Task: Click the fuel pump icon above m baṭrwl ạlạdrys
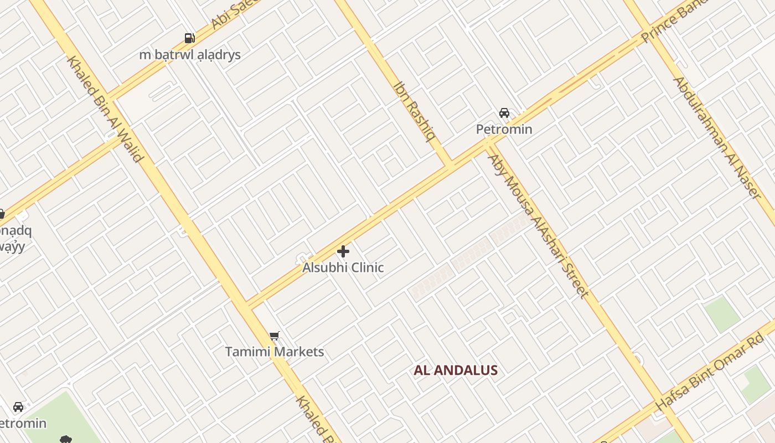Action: point(190,38)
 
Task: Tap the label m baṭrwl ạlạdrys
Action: point(190,55)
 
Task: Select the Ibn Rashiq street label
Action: point(414,111)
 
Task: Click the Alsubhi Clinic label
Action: point(343,267)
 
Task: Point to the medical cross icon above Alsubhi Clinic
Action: point(343,251)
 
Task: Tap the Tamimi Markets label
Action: point(274,352)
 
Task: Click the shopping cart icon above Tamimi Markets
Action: point(274,336)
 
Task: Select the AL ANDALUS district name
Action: point(456,370)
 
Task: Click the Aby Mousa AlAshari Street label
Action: point(537,226)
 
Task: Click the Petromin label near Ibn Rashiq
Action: point(504,130)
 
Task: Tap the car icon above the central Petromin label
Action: point(504,113)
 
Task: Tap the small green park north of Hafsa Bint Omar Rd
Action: point(722,314)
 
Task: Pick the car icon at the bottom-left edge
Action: point(18,407)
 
